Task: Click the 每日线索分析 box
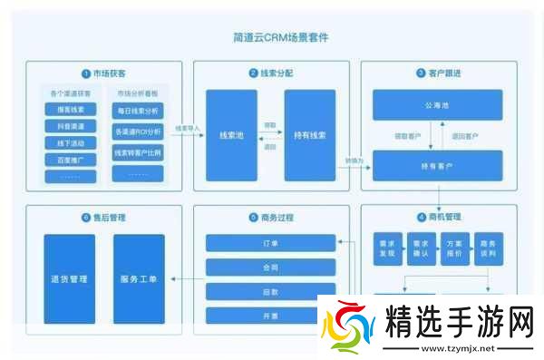tap(138, 110)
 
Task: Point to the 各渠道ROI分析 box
tap(138, 131)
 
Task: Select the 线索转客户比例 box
tap(138, 152)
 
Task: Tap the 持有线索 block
tap(309, 135)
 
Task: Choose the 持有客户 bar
tap(439, 167)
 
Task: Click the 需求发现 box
tap(388, 248)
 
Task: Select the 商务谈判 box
tap(488, 248)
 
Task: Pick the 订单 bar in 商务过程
tap(270, 243)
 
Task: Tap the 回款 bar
tap(270, 292)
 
